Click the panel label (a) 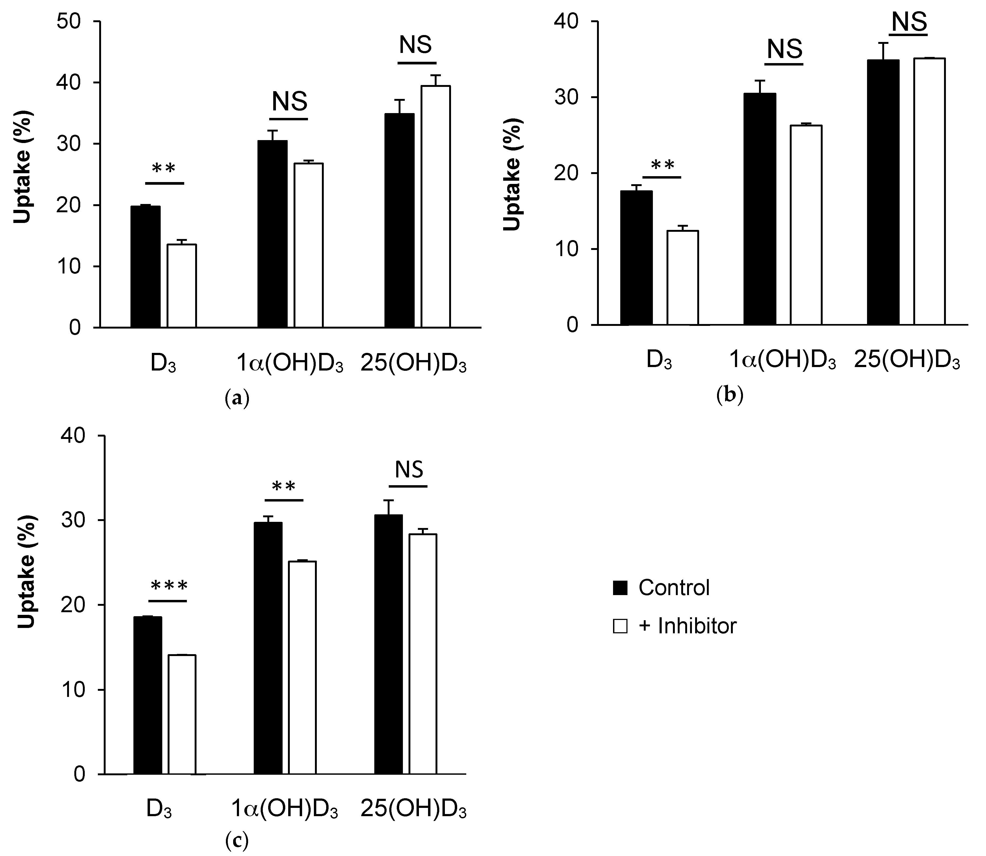click(x=237, y=398)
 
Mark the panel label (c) click(x=237, y=841)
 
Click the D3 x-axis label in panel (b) click(x=659, y=362)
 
